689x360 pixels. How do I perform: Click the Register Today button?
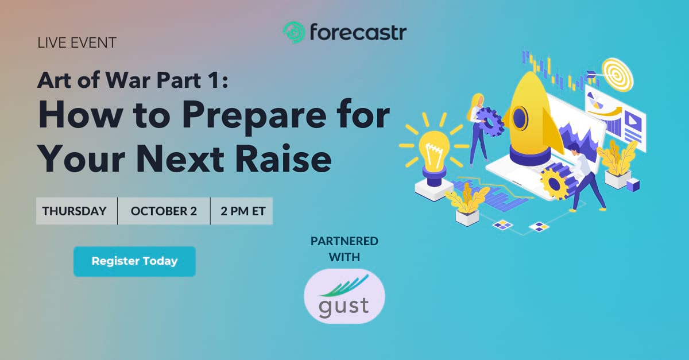pos(134,261)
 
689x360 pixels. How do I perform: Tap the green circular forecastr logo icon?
pos(294,32)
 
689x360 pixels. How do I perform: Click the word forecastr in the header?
pos(358,32)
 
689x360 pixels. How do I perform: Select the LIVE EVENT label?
pos(77,42)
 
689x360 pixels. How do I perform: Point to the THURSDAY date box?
pos(76,211)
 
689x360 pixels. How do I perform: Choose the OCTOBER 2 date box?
pos(164,211)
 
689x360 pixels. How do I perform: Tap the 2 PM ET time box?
pos(242,211)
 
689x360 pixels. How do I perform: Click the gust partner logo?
pos(344,296)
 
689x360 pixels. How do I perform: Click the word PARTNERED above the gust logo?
pos(344,241)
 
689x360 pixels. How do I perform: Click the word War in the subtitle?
pos(128,80)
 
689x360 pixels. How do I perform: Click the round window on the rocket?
pos(519,118)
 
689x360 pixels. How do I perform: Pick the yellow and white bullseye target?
pos(617,74)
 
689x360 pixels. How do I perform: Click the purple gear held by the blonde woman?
pos(490,122)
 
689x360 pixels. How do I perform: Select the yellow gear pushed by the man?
pos(554,184)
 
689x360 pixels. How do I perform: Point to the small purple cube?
pos(633,185)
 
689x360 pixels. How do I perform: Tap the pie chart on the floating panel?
pos(595,101)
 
